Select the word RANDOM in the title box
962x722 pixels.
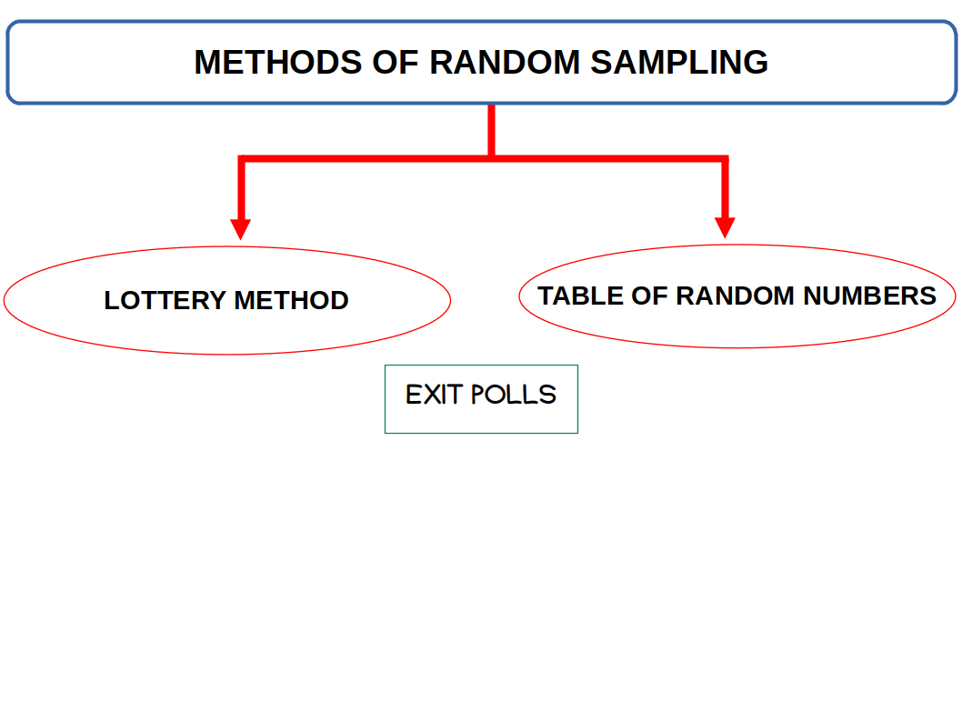[x=504, y=63]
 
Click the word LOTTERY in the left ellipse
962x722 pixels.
[x=165, y=301]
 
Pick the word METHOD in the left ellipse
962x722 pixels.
[x=291, y=301]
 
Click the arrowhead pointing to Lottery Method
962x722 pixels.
[x=241, y=228]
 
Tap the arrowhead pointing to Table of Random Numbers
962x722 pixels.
[x=725, y=226]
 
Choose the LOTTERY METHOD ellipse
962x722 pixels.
[x=227, y=332]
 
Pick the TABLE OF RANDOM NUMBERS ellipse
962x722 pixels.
[x=737, y=327]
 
